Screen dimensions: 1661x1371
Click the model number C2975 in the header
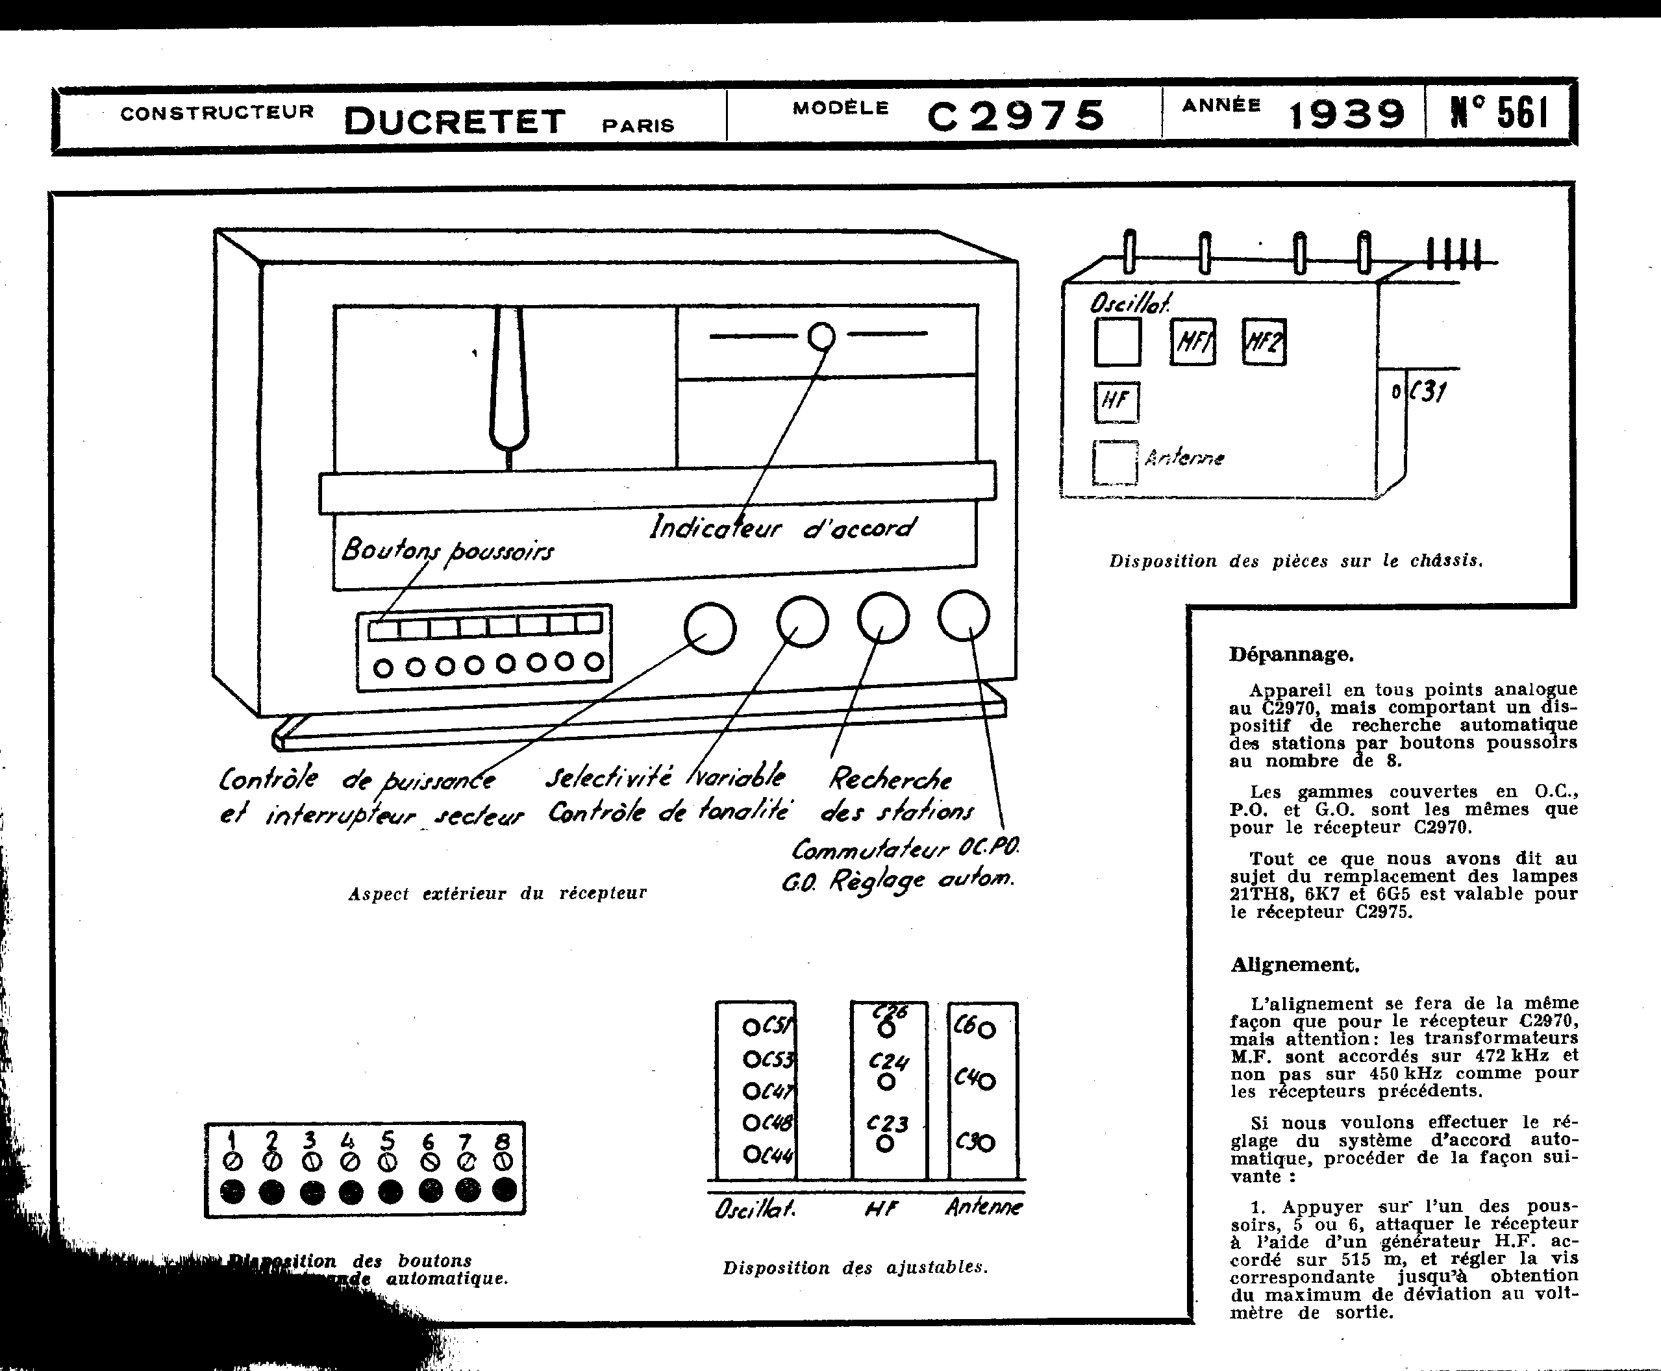point(1016,116)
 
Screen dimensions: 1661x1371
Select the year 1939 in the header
point(1347,114)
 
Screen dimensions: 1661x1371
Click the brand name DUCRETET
point(455,121)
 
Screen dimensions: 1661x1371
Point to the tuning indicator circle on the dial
point(821,336)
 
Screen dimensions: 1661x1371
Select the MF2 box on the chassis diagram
point(1264,341)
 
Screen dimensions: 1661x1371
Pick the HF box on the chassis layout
point(1116,402)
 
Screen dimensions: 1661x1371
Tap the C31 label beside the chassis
point(1428,391)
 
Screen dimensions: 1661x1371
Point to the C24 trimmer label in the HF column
point(888,1062)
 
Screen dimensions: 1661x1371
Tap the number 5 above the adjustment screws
point(388,1140)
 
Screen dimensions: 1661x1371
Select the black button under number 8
point(505,1189)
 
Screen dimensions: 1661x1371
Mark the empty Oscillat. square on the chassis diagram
point(1118,342)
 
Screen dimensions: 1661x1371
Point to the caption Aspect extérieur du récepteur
point(497,893)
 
